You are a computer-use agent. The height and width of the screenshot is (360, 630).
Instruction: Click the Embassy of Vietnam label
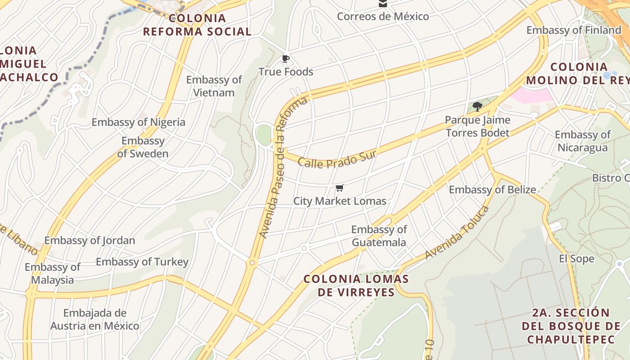point(214,86)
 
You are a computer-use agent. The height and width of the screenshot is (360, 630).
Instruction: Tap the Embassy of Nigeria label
point(138,122)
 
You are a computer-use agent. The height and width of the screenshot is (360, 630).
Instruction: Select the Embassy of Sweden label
point(143,147)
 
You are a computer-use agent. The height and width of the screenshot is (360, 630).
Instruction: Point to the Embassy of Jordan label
point(90,240)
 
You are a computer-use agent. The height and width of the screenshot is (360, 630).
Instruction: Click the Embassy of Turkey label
point(142,262)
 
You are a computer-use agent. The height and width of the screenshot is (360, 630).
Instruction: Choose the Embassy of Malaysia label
point(52,273)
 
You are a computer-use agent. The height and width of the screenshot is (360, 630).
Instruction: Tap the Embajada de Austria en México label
point(94,319)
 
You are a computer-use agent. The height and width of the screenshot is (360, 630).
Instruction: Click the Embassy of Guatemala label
point(379,236)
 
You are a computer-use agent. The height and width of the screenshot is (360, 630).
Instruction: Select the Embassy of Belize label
point(492,189)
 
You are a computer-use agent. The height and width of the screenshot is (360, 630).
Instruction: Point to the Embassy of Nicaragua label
point(582,141)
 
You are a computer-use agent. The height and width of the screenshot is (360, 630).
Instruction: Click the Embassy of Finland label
point(574,30)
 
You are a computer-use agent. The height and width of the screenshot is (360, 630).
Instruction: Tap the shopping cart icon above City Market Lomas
point(340,188)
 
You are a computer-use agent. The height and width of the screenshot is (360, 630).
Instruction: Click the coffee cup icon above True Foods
point(285,58)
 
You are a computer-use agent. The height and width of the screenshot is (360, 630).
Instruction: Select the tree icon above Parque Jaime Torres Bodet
point(477,107)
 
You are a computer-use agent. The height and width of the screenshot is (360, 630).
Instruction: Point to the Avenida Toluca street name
point(457,233)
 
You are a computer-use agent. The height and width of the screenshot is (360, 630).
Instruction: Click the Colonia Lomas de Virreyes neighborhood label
point(356,285)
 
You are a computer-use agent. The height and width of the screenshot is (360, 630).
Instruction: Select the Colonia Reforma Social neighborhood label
point(197,25)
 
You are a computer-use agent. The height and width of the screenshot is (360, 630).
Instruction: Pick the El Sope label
point(576,259)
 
